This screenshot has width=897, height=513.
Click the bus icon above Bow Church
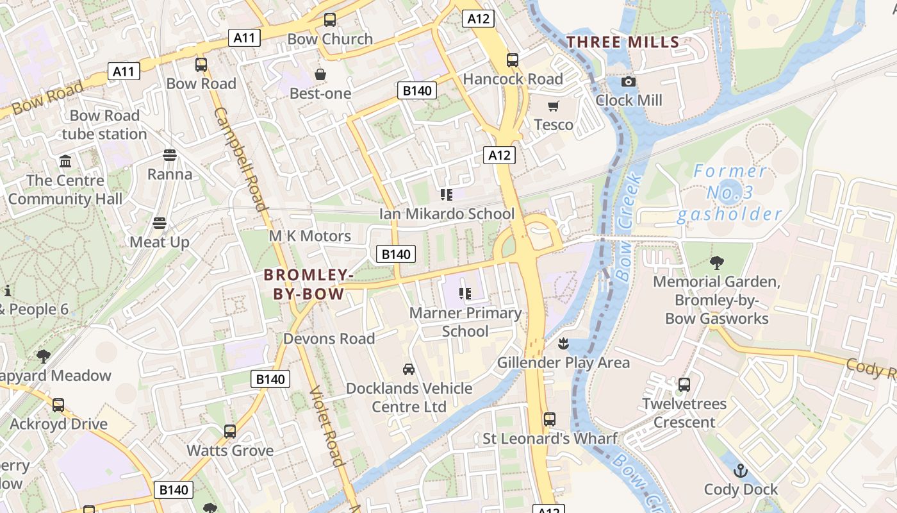click(330, 20)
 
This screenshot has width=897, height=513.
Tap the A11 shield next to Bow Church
click(243, 38)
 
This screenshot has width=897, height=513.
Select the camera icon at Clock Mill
click(629, 81)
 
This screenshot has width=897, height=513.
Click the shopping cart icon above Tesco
click(553, 106)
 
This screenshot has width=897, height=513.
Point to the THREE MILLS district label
click(623, 42)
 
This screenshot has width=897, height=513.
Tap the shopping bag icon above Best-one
click(320, 75)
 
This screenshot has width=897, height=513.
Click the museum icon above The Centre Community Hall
click(65, 161)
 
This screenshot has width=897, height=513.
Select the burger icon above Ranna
click(170, 155)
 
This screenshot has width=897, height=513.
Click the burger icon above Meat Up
click(160, 223)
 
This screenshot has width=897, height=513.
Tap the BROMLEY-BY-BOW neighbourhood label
click(309, 285)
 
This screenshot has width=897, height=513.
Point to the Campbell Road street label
click(240, 159)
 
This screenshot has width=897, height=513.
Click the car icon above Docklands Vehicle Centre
click(409, 369)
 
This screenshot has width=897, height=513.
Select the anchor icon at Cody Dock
click(741, 471)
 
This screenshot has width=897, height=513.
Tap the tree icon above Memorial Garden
click(717, 262)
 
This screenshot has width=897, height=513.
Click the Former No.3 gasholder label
click(730, 192)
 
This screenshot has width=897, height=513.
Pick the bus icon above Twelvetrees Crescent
click(684, 385)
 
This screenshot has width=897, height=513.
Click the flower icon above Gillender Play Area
click(563, 344)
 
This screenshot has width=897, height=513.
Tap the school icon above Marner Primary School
click(465, 294)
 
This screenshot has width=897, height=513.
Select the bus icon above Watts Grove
click(230, 432)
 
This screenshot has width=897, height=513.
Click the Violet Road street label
click(327, 426)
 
